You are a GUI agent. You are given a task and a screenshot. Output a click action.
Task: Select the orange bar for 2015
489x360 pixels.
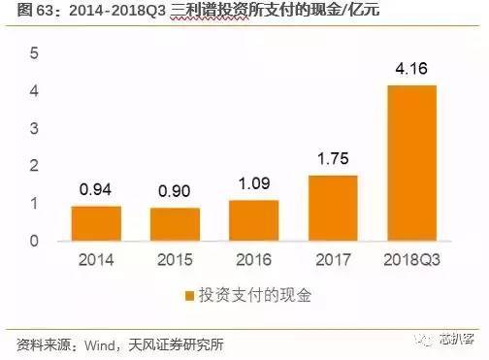click(175, 224)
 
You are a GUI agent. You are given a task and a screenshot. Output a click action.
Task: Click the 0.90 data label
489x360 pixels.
click(175, 192)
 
